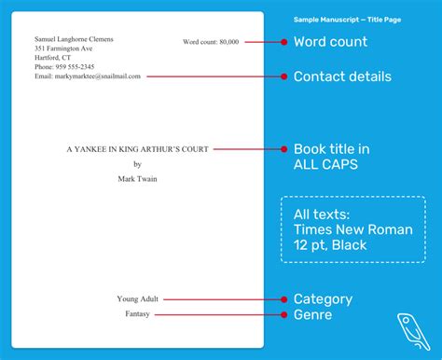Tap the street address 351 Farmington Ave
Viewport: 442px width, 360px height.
64,48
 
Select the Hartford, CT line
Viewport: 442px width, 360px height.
55,58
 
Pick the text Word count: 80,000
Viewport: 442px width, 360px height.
211,42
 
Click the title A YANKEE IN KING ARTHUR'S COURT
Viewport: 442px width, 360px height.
138,149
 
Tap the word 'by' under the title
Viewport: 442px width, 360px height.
138,164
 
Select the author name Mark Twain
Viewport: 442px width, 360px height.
138,178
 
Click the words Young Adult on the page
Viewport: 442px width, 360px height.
138,299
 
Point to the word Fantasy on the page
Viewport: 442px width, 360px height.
138,314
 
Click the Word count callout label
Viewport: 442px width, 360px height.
330,42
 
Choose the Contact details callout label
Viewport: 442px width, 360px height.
342,76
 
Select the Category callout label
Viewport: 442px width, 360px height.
323,299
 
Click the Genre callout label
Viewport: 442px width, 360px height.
313,315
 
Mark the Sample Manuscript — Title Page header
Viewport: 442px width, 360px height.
347,19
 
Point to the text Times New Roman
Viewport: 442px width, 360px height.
351,229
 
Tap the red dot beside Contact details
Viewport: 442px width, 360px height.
283,76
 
